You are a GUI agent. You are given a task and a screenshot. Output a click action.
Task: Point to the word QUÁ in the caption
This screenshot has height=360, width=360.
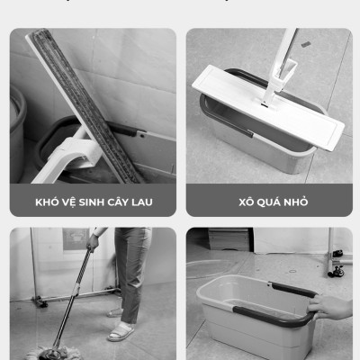click(x=268, y=202)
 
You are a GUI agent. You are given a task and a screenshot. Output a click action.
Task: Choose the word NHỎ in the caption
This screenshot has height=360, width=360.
click(x=295, y=202)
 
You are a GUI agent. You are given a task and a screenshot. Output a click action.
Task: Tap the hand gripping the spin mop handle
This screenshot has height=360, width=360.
click(x=92, y=242)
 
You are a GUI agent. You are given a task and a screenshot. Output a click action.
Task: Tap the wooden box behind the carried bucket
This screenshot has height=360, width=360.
click(x=225, y=239)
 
